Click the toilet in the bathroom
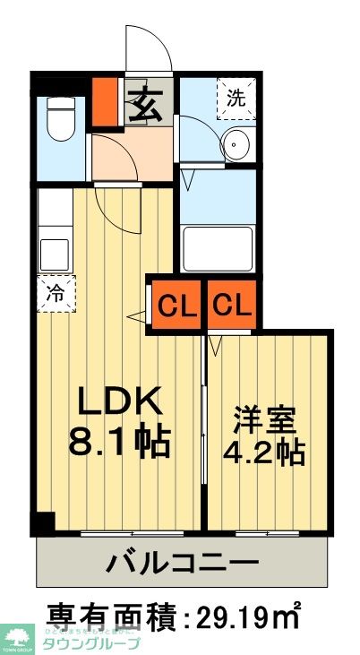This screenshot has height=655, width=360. point(62,119)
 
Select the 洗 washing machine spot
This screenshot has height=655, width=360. point(236,98)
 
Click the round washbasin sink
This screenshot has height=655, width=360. point(237,143)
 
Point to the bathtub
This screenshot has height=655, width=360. point(219,248)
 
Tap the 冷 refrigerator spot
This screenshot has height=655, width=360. point(56,292)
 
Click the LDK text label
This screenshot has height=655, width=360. point(117,400)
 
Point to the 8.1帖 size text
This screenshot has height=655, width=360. point(119,441)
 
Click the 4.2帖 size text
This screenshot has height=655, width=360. point(266,452)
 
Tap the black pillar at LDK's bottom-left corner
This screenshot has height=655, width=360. point(43,522)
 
